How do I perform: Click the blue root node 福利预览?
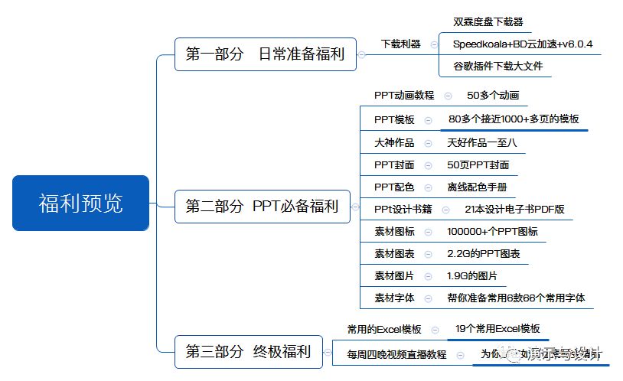click(80, 204)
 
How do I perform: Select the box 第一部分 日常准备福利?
click(265, 54)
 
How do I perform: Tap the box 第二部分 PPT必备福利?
click(262, 207)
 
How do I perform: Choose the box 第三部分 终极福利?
click(248, 352)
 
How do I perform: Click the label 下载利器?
click(401, 44)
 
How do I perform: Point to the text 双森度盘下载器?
click(488, 22)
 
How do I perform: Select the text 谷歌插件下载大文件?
click(497, 66)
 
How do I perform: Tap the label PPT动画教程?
click(404, 96)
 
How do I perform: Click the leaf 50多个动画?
click(493, 96)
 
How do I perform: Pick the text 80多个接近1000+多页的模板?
click(514, 119)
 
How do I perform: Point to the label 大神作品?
click(394, 142)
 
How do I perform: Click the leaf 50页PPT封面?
click(478, 164)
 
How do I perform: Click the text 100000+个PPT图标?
click(492, 231)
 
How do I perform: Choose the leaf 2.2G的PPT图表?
click(484, 253)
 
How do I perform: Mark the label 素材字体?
click(394, 298)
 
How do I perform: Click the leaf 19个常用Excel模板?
click(497, 329)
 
